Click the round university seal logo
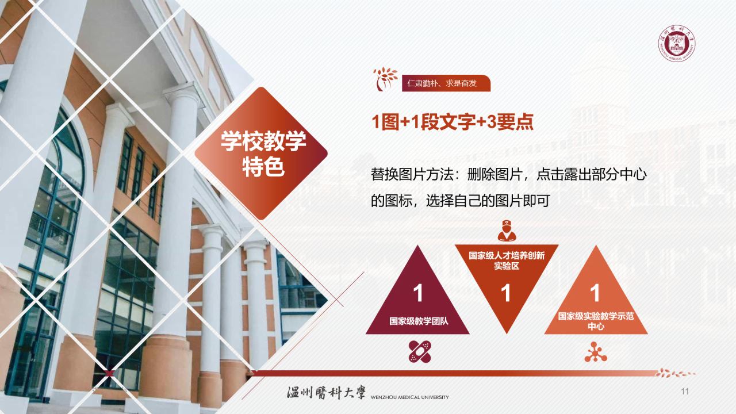click(676, 44)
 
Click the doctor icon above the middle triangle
click(506, 231)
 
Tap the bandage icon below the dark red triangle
click(420, 351)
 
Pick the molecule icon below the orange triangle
click(595, 352)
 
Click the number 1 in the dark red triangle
click(418, 293)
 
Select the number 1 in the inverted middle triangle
click(506, 294)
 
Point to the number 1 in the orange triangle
click(595, 293)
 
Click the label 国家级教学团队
click(419, 321)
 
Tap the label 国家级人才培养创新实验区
click(507, 261)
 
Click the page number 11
click(684, 392)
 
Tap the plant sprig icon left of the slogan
click(385, 79)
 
